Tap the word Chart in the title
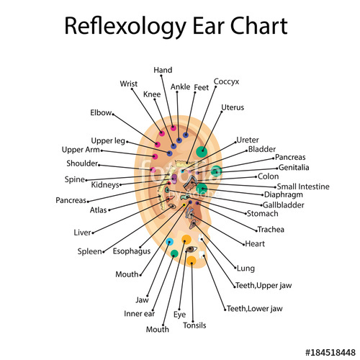pos(256,27)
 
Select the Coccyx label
pos(227,81)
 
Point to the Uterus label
pos(233,107)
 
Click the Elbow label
pos(101,113)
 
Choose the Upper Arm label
pos(80,150)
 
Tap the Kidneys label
pos(105,185)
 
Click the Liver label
pos(82,233)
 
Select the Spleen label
pos(90,252)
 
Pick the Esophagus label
pos(132,252)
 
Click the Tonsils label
pos(194,325)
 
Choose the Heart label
pos(255,244)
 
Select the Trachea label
pos(270,230)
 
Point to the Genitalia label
pos(293,167)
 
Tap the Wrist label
pos(130,84)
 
